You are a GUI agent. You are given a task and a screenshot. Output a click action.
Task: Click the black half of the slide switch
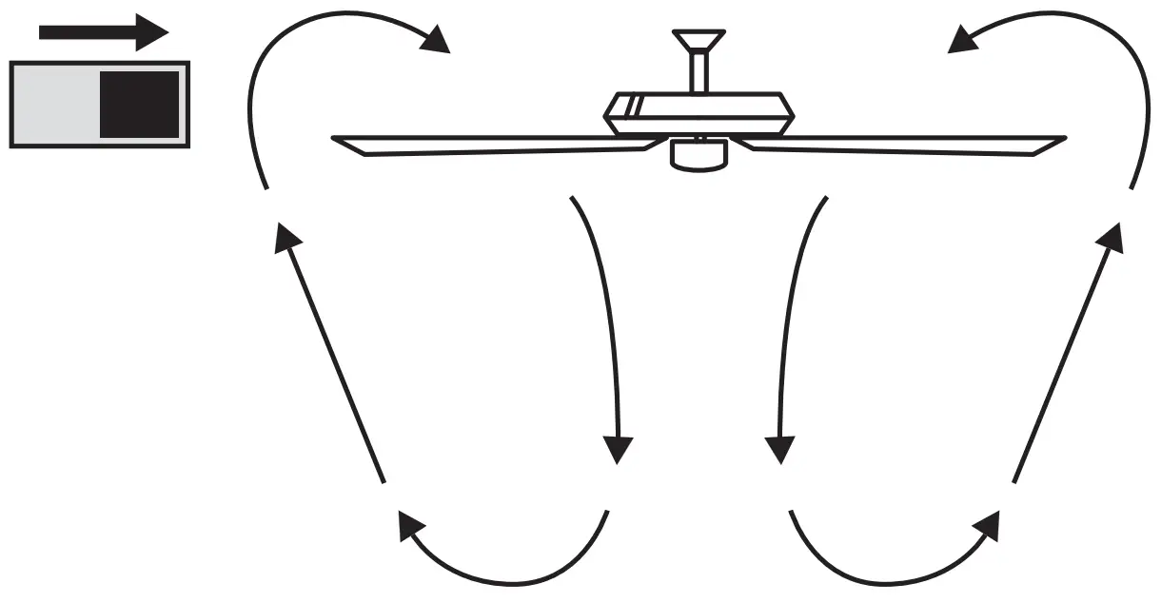140,104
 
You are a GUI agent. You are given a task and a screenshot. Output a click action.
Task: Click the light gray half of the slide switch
55,104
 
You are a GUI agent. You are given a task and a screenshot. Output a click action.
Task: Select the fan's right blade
904,144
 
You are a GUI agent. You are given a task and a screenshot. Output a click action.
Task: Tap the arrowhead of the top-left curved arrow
435,40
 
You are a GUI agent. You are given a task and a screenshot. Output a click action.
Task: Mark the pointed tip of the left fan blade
336,140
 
